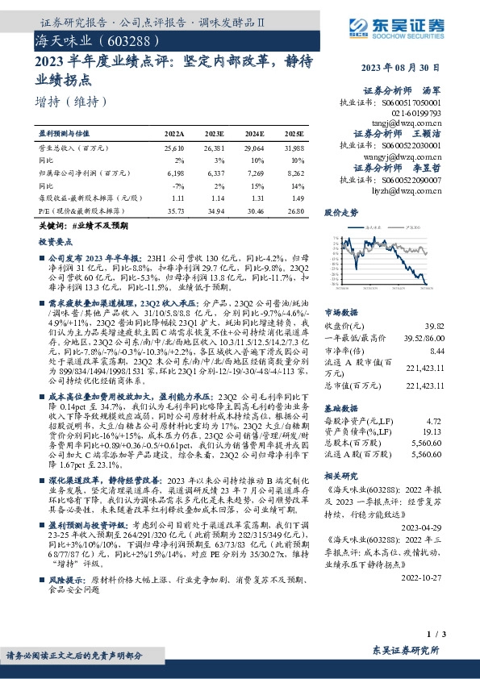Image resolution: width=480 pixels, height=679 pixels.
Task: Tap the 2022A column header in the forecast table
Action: (174, 133)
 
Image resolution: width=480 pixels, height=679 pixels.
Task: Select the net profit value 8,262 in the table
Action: (295, 172)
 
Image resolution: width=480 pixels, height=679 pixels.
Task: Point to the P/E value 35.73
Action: (175, 210)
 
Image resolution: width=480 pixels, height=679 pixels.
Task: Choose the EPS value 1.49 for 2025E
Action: (298, 198)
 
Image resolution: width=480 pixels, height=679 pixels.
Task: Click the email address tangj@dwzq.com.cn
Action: (411, 123)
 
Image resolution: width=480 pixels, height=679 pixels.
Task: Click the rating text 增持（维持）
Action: (71, 102)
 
